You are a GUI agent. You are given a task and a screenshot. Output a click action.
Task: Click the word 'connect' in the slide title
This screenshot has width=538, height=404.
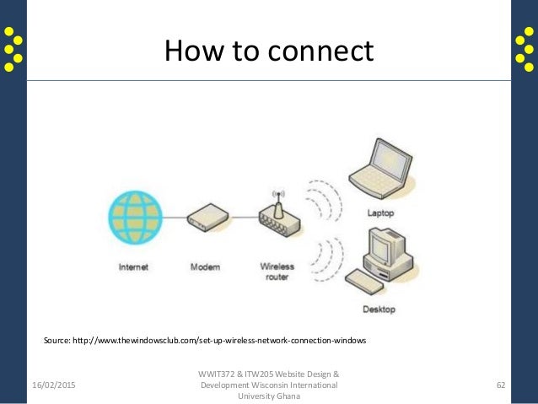(x=321, y=51)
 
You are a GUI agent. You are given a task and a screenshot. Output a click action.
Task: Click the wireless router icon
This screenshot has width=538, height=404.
(x=276, y=221)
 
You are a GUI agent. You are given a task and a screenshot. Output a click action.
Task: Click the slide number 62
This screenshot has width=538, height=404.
(x=501, y=385)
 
